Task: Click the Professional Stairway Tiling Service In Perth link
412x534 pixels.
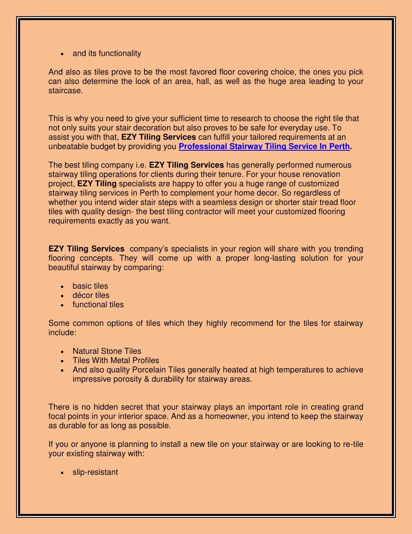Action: tap(264, 147)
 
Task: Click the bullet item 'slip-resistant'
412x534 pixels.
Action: tap(95, 472)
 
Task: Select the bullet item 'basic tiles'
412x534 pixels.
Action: tap(90, 286)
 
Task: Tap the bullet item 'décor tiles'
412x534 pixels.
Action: tap(91, 295)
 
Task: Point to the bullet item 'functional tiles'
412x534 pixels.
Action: tap(98, 305)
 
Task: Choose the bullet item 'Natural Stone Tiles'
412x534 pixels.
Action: tap(107, 351)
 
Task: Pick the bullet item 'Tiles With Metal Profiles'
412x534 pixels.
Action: tap(116, 361)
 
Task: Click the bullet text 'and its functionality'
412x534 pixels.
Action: tap(107, 54)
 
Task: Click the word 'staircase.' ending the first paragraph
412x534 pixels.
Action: tap(66, 91)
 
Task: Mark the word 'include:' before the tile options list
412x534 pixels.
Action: tap(62, 333)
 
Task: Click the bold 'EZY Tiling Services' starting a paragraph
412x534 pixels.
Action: tap(86, 249)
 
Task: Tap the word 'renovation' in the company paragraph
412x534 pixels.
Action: tap(320, 175)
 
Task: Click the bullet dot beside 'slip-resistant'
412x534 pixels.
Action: tap(62, 473)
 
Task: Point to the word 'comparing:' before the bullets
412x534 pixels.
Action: tap(145, 268)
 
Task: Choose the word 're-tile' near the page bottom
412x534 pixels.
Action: tap(353, 445)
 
